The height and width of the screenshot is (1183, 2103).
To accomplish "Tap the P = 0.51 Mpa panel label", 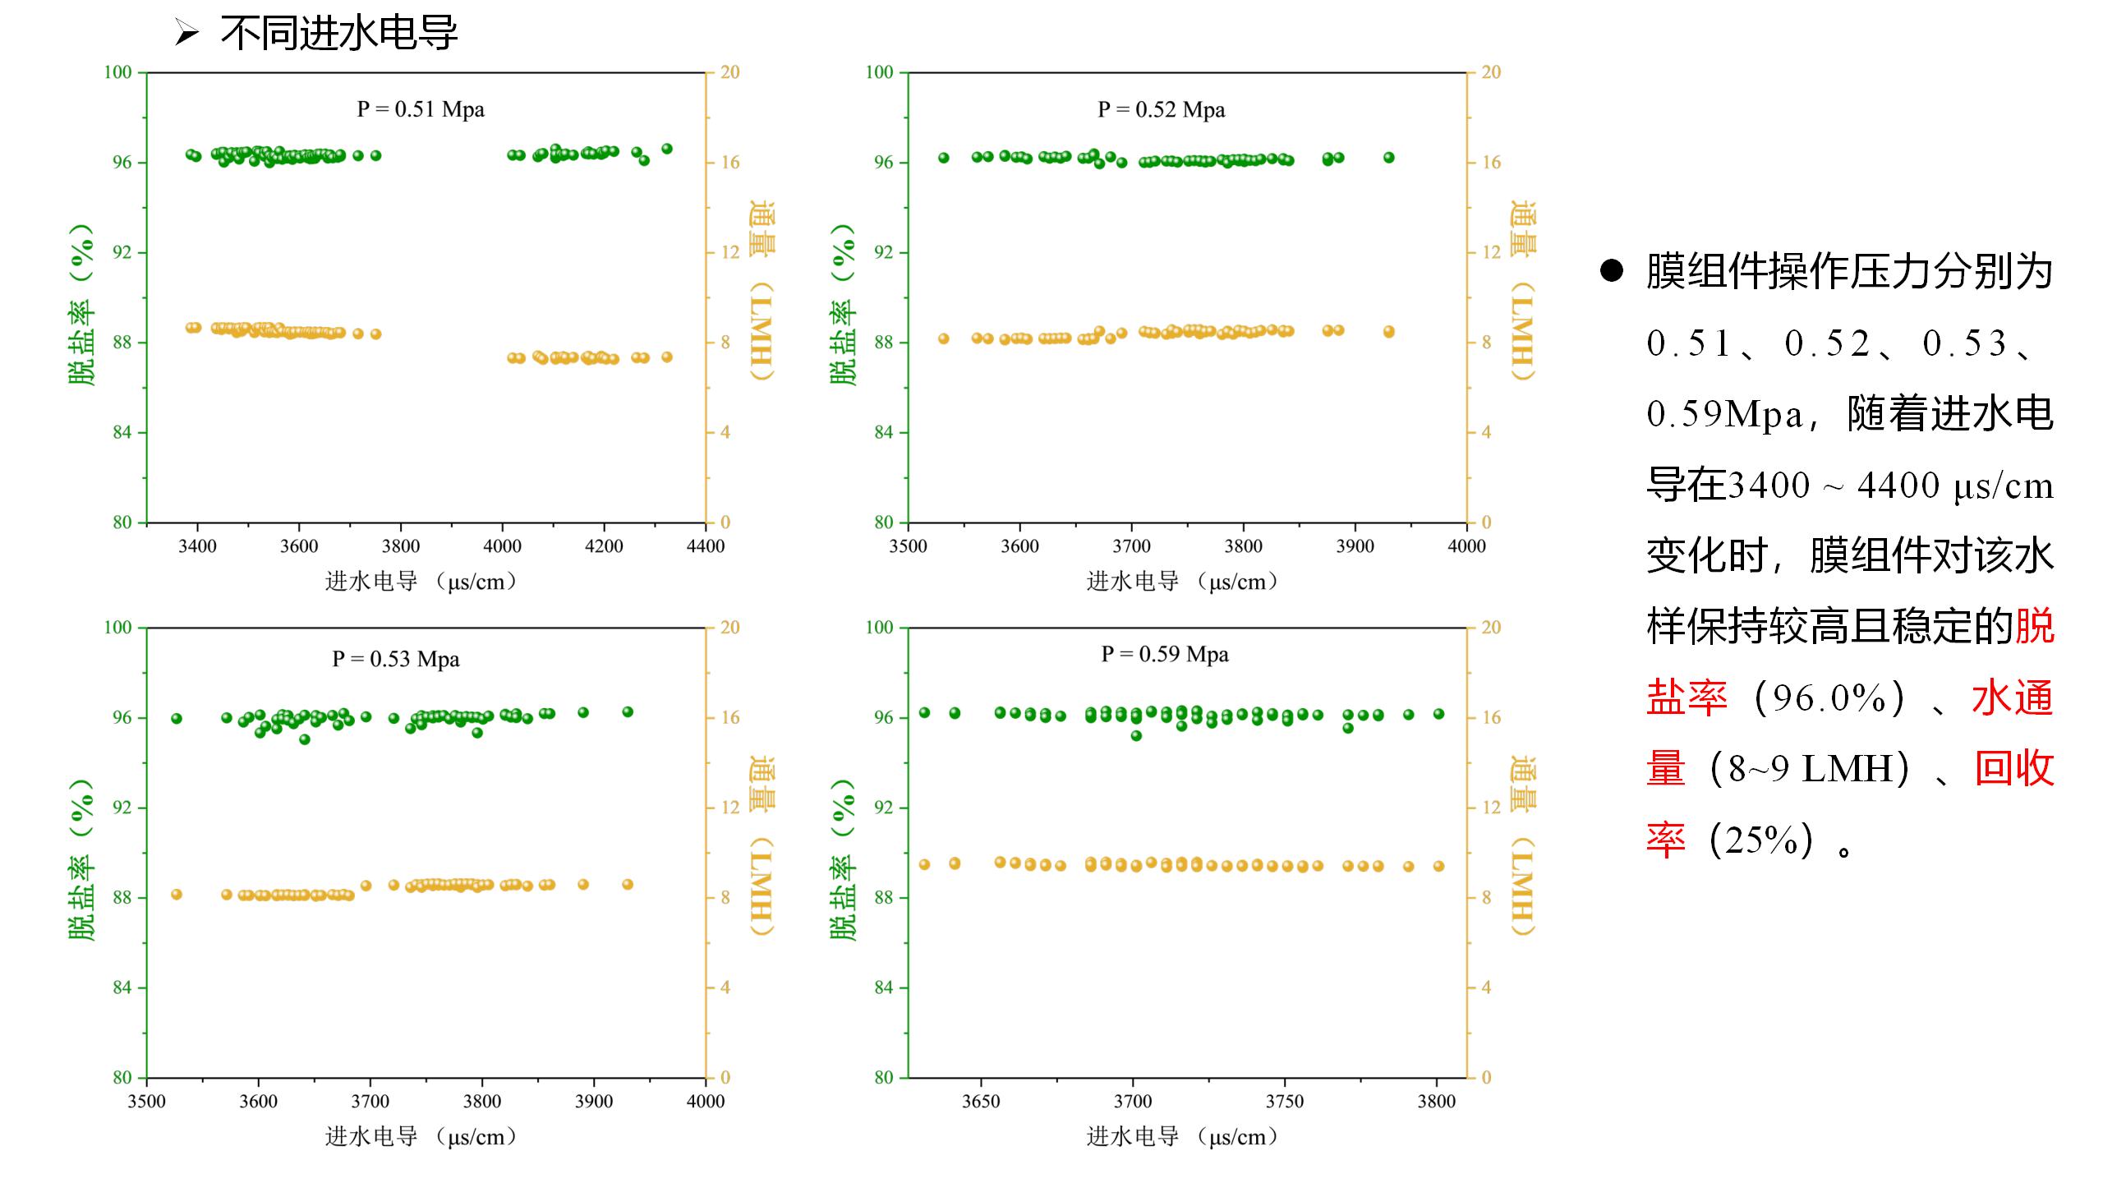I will click(421, 109).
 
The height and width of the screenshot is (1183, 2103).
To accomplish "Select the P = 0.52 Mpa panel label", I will click(1161, 109).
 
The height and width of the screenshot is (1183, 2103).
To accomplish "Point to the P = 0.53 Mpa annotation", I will click(395, 659).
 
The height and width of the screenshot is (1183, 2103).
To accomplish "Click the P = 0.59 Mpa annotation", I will click(1165, 654).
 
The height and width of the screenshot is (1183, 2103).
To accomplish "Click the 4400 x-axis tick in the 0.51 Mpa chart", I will click(706, 546).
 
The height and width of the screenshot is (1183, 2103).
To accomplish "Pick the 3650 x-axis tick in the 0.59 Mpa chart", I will click(981, 1102).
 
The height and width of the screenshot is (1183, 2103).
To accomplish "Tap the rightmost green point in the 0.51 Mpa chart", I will click(667, 149).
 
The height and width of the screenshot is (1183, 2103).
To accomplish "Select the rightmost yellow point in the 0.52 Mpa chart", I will click(1389, 332).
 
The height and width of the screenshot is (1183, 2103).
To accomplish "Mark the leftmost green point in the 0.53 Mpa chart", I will click(177, 719).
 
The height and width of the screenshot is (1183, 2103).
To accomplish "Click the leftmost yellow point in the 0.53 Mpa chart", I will click(177, 895).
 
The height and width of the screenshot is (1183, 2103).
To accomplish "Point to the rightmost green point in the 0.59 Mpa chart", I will click(1439, 714).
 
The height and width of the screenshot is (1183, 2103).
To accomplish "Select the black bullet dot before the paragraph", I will click(1612, 272).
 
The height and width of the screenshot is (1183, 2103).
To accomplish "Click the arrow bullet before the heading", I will click(187, 34).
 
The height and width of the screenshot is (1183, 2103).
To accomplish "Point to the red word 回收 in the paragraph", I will click(2013, 769).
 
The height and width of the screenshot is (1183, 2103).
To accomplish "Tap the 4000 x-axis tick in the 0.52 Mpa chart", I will click(1466, 546).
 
